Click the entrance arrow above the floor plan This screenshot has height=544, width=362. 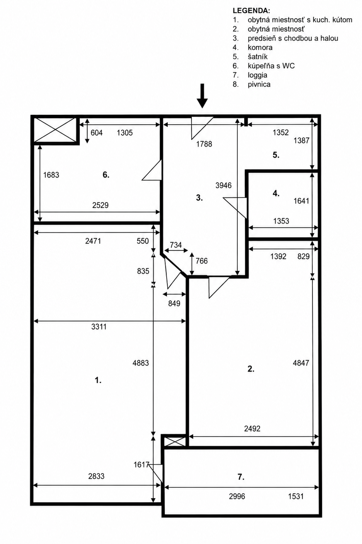click(x=202, y=96)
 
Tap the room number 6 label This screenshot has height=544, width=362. click(x=106, y=175)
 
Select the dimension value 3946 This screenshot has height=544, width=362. click(x=223, y=185)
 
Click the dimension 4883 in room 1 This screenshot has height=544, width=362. click(x=141, y=363)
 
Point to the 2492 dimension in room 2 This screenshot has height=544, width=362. click(x=252, y=429)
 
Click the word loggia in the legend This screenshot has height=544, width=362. click(x=257, y=75)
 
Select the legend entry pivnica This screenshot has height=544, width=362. click(x=259, y=84)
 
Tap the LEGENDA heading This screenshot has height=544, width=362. click(x=251, y=11)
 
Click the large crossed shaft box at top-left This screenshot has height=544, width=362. click(x=56, y=130)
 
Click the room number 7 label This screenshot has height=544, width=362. click(x=241, y=477)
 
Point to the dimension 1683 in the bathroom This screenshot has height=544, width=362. click(x=51, y=175)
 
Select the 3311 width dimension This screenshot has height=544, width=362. click(x=99, y=327)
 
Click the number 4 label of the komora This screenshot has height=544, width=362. click(x=276, y=194)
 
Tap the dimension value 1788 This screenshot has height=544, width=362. click(x=204, y=144)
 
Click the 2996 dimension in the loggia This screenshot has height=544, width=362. click(x=237, y=497)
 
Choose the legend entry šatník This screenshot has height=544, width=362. click(x=257, y=57)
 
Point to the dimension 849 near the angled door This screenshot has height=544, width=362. click(x=174, y=303)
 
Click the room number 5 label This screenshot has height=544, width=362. click(x=276, y=155)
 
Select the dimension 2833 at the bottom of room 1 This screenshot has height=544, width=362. click(x=96, y=476)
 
